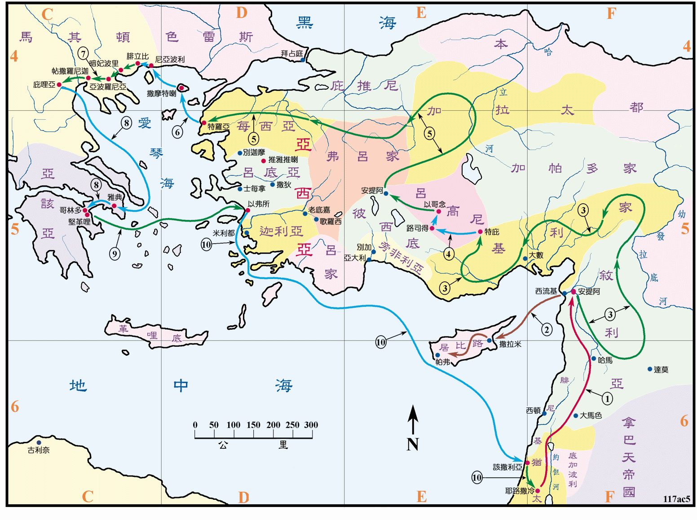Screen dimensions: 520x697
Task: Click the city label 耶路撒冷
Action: click(x=520, y=491)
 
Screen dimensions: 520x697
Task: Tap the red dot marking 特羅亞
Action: click(x=204, y=122)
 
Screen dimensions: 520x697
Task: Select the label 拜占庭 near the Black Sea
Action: click(x=291, y=53)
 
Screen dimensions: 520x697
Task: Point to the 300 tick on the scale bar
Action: click(x=311, y=425)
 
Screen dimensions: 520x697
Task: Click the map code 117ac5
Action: click(x=676, y=499)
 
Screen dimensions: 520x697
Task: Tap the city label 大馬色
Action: click(x=591, y=415)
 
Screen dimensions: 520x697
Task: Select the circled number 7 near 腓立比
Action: click(x=83, y=53)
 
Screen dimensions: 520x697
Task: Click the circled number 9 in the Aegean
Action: click(x=115, y=253)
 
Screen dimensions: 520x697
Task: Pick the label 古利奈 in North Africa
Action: click(x=39, y=450)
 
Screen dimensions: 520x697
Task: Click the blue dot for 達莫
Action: click(x=650, y=369)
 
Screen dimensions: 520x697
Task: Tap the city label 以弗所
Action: click(x=259, y=204)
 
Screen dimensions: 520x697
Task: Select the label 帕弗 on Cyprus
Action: click(x=443, y=362)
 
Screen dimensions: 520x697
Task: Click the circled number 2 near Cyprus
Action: click(x=547, y=330)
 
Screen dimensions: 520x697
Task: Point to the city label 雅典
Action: click(x=115, y=197)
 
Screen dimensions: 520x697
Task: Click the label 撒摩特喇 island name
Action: click(x=162, y=93)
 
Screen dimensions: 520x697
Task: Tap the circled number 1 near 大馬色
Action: click(x=607, y=398)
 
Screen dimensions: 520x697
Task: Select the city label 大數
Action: click(x=536, y=255)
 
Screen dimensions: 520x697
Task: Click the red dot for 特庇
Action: click(x=480, y=232)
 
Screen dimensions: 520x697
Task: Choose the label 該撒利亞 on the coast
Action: click(x=507, y=467)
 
